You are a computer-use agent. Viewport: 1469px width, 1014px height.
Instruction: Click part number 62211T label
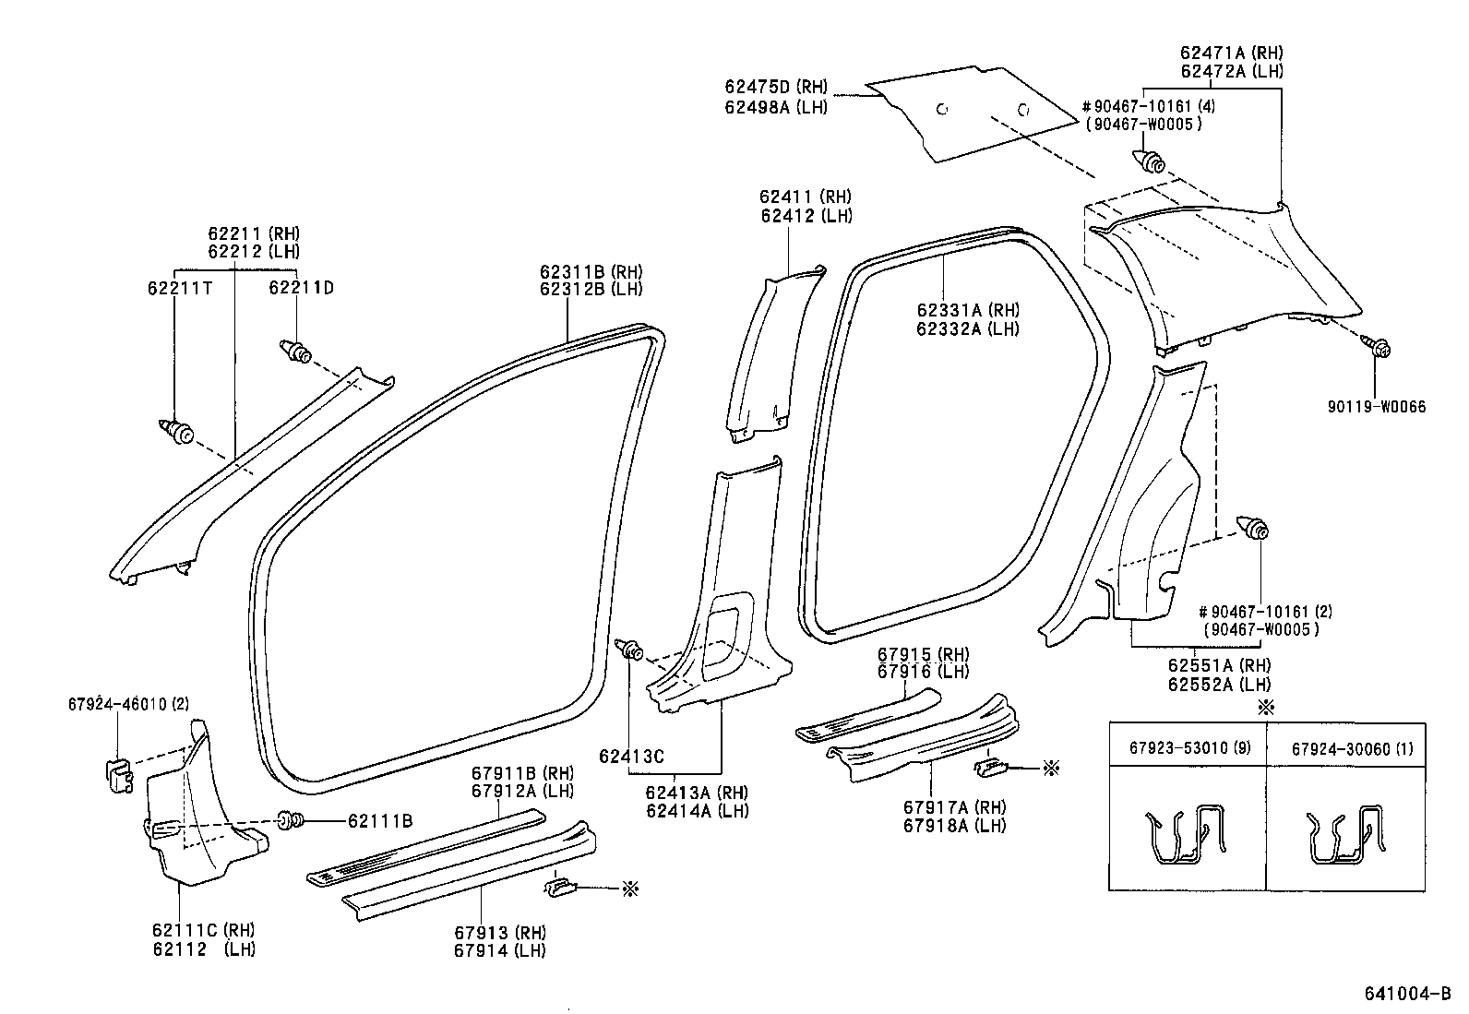click(x=179, y=288)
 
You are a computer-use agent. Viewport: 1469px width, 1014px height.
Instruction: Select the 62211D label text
click(x=301, y=288)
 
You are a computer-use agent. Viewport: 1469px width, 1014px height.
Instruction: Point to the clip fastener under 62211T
click(x=176, y=430)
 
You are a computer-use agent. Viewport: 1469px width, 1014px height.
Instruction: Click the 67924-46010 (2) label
click(x=128, y=704)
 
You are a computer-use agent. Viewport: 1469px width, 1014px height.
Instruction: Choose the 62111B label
click(x=379, y=821)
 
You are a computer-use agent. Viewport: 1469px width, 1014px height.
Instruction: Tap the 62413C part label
click(x=631, y=757)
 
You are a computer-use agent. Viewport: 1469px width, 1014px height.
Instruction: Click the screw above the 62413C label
click(x=630, y=649)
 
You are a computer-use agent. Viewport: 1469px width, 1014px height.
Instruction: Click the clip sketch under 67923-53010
click(x=1186, y=836)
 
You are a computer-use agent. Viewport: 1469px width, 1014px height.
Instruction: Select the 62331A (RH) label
click(x=968, y=311)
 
